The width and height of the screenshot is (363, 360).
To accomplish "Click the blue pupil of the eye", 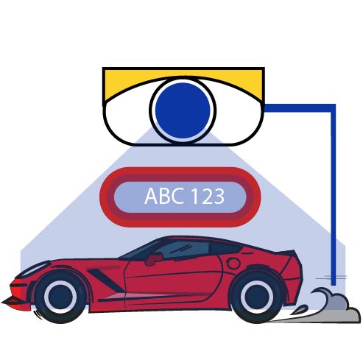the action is (183, 110).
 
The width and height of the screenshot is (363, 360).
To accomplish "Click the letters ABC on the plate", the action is (163, 196).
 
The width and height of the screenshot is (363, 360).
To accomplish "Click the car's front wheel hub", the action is (60, 297).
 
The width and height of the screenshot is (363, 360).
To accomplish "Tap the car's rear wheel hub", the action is (257, 297).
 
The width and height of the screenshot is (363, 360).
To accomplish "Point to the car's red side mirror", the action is (154, 259).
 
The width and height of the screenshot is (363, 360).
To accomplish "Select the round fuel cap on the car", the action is (233, 264).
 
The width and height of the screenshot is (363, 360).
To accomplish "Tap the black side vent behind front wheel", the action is (106, 280).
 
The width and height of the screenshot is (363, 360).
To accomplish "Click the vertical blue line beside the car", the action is (334, 195).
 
